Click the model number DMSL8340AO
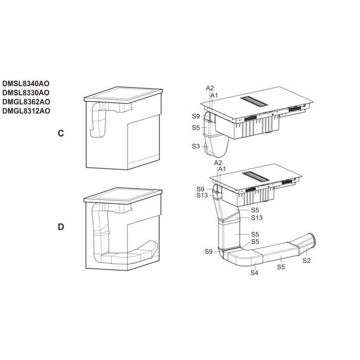(26, 83)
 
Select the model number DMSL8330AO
(26, 93)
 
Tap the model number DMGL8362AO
(26, 102)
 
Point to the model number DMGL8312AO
(26, 111)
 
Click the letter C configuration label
(61, 133)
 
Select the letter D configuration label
(61, 227)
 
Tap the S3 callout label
(196, 146)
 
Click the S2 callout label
(307, 261)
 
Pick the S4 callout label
(255, 273)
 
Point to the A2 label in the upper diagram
(210, 88)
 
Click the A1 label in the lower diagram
(222, 169)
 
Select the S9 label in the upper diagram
(196, 116)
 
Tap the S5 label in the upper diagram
(196, 128)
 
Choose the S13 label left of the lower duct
(202, 195)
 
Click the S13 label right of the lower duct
(257, 218)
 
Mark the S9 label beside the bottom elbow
(209, 251)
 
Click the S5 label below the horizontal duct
(281, 267)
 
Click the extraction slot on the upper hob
(254, 101)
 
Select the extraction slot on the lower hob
(256, 176)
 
